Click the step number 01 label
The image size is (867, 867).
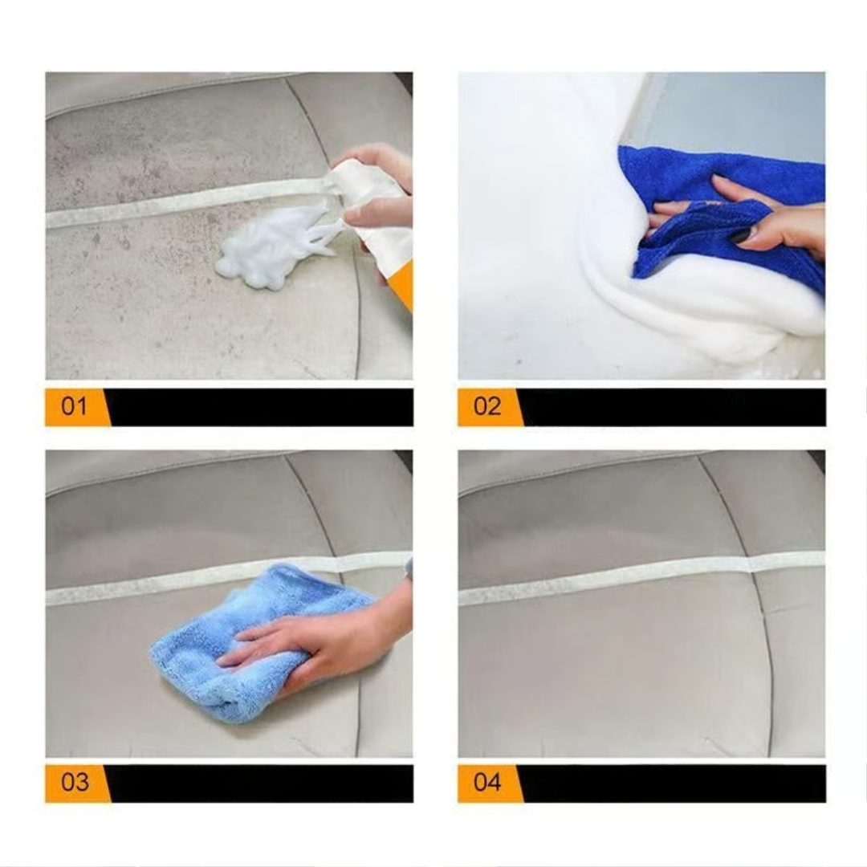(74, 407)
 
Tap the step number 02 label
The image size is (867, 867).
(487, 407)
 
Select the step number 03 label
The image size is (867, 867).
(75, 783)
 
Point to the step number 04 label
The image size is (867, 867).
(487, 783)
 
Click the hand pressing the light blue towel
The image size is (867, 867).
(320, 647)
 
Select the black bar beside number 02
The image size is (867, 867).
(673, 407)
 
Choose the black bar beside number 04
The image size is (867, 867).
(673, 784)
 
